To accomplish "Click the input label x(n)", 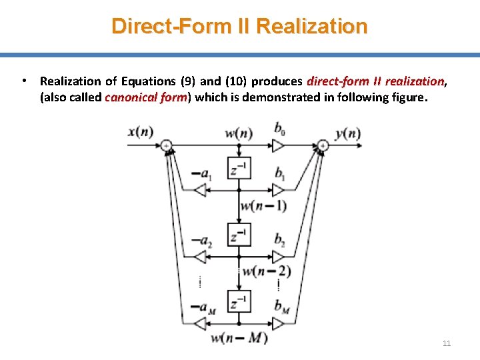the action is point(141,132).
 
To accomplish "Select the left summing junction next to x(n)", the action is point(166,145).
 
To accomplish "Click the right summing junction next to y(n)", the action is point(323,145).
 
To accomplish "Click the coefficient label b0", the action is point(279,128).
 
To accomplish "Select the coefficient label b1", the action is point(279,173).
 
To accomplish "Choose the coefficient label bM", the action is point(280,306).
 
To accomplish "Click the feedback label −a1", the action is point(202,175).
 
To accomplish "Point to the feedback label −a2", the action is point(202,241).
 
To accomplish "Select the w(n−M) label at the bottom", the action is point(239,338).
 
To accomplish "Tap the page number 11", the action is point(447,343).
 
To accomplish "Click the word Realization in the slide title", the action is point(311,26).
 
